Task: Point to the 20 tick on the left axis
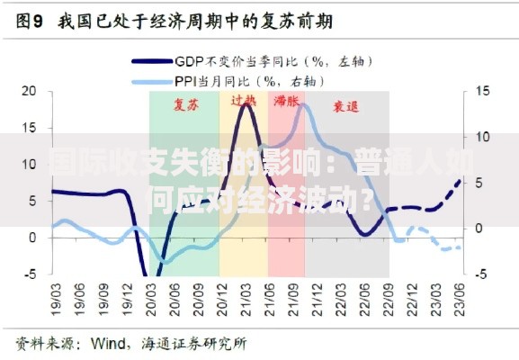point(29,91)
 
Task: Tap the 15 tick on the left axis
point(29,128)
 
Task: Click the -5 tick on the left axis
point(28,274)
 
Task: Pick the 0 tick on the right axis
point(480,229)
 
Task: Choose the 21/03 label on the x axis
point(245,295)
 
